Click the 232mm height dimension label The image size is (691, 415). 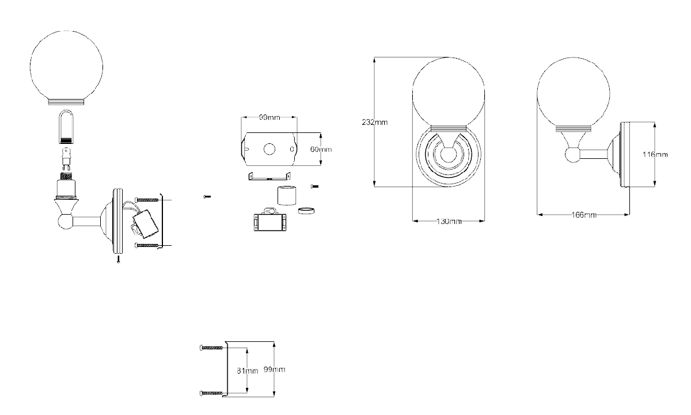374,123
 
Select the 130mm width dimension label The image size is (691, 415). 449,222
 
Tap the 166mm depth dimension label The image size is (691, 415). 584,215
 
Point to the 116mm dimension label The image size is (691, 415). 655,154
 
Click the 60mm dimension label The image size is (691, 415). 321,149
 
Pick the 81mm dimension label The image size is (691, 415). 248,371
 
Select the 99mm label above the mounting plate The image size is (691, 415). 269,117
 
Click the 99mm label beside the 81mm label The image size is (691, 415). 274,370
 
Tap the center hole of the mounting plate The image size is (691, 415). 269,149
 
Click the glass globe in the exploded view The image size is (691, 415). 66,68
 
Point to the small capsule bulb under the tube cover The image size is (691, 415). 66,158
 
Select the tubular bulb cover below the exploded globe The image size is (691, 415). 66,127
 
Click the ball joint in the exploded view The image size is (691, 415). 65,222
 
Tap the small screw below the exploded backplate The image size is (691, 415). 118,259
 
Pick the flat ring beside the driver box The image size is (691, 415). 306,211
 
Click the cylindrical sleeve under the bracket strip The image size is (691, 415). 287,196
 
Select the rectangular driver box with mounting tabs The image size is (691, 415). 270,220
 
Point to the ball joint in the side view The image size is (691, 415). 573,155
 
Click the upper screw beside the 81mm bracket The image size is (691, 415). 212,348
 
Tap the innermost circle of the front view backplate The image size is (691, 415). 448,155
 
